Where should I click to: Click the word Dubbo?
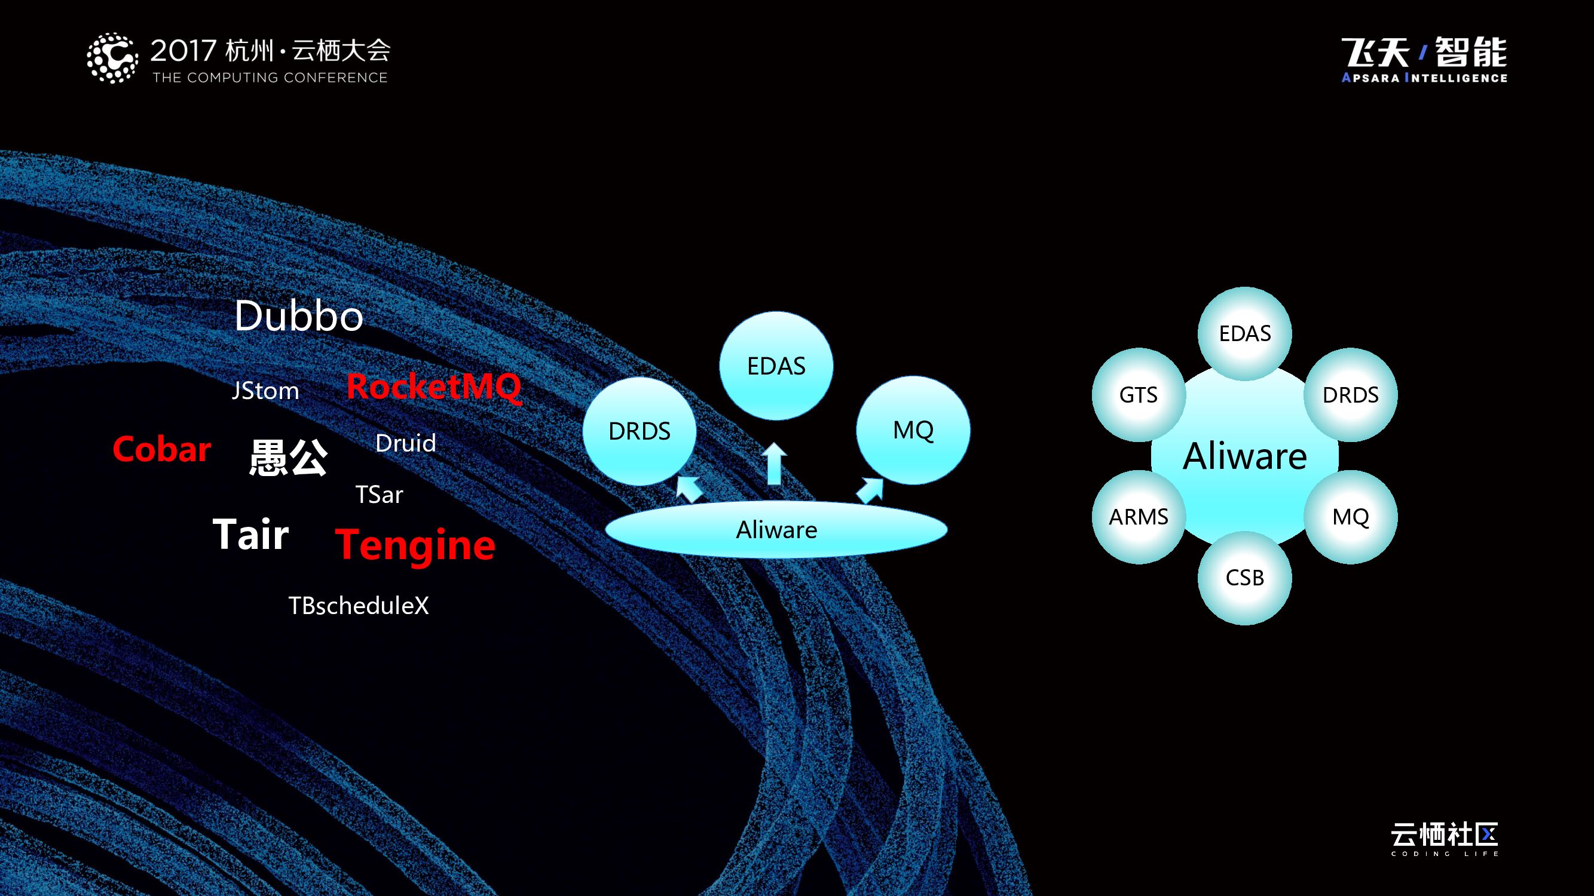(298, 316)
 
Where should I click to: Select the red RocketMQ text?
(434, 386)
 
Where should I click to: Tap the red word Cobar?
(162, 449)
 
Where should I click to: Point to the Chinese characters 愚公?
(288, 457)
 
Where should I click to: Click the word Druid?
(405, 443)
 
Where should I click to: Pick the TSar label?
(379, 495)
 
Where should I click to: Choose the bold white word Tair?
(250, 534)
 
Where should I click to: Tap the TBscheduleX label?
(358, 605)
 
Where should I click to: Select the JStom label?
(265, 391)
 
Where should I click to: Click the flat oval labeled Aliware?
(776, 530)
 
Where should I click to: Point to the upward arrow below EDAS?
(773, 464)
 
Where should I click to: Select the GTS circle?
(1138, 394)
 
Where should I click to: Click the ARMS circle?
(1138, 516)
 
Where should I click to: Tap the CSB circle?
(1244, 578)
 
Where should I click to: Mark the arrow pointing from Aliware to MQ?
(870, 490)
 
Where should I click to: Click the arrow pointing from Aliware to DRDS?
(689, 489)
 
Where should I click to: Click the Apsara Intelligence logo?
(1424, 60)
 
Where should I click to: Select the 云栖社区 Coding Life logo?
(1444, 839)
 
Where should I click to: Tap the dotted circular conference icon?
(112, 58)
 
